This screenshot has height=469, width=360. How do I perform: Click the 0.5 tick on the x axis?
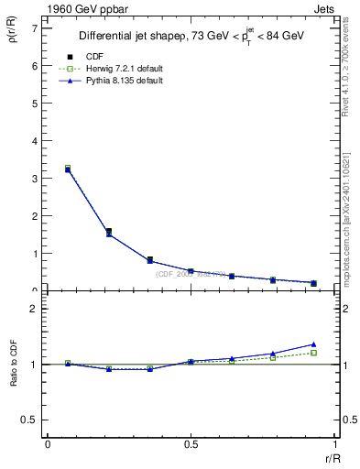pyautogui.click(x=191, y=444)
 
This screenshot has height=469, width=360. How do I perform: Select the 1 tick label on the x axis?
pyautogui.click(x=333, y=444)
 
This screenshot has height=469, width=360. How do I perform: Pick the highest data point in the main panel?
pyautogui.click(x=68, y=169)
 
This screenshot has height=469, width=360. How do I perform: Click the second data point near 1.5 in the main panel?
pyautogui.click(x=109, y=233)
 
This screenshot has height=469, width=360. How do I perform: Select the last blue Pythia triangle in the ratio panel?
pyautogui.click(x=313, y=344)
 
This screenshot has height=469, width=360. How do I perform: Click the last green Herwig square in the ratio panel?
pyautogui.click(x=313, y=353)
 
